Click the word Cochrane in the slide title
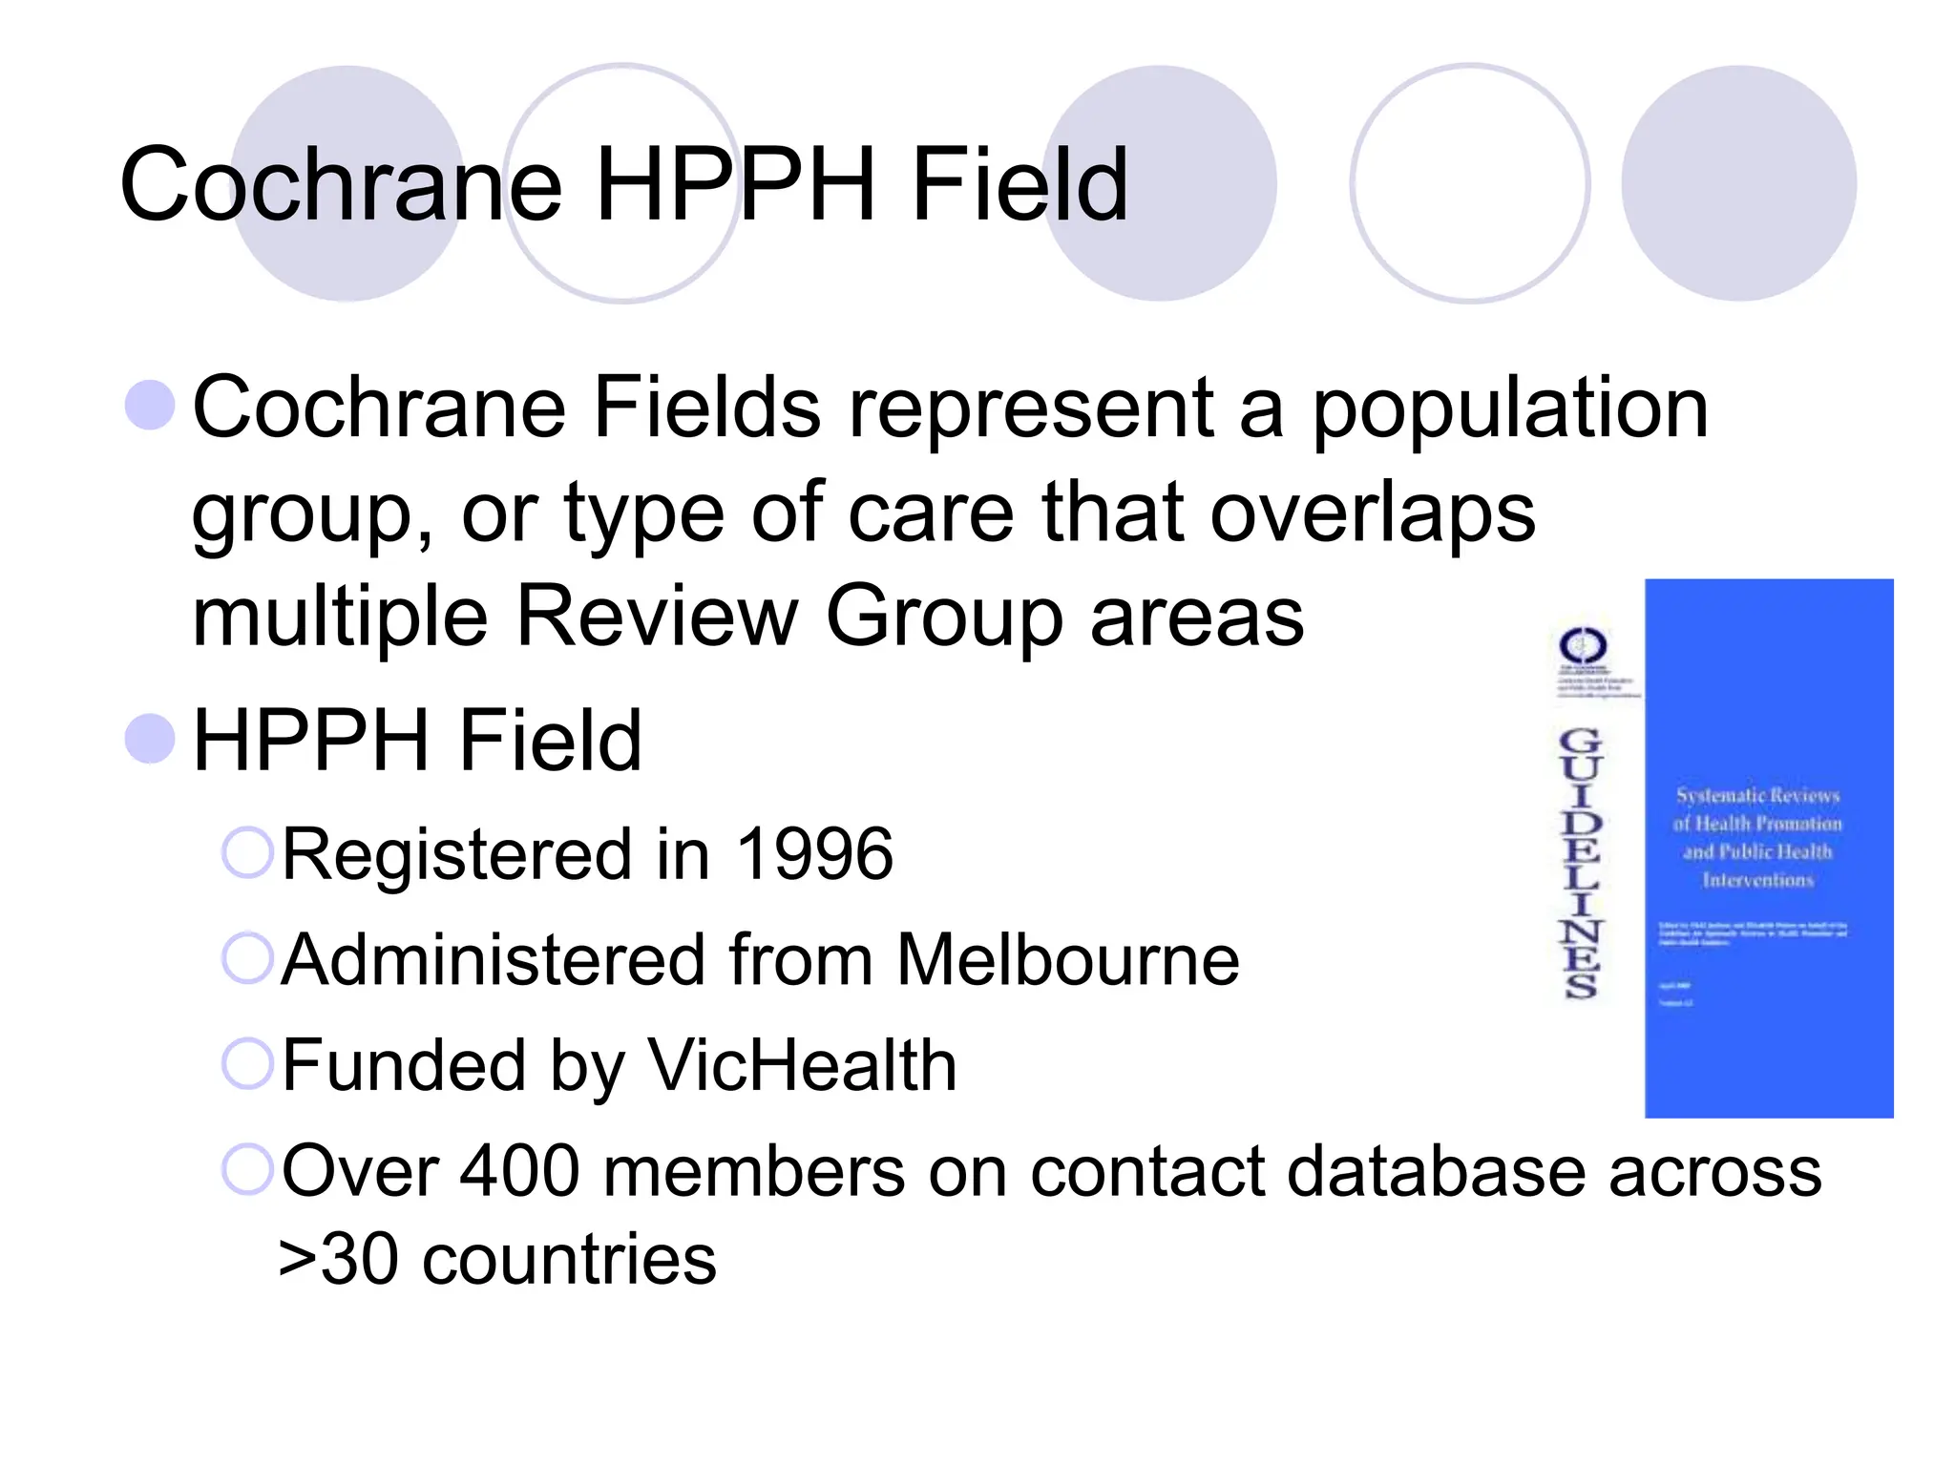point(341,185)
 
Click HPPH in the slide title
point(735,185)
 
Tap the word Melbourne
point(1067,959)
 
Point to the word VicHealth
point(802,1065)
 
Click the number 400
point(519,1171)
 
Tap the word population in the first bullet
point(1510,408)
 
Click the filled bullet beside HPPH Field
point(151,739)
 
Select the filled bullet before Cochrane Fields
point(151,405)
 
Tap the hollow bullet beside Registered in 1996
point(248,852)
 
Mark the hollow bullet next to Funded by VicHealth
point(248,1063)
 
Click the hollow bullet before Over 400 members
point(248,1169)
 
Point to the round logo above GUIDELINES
point(1583,647)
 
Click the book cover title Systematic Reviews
point(1757,796)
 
